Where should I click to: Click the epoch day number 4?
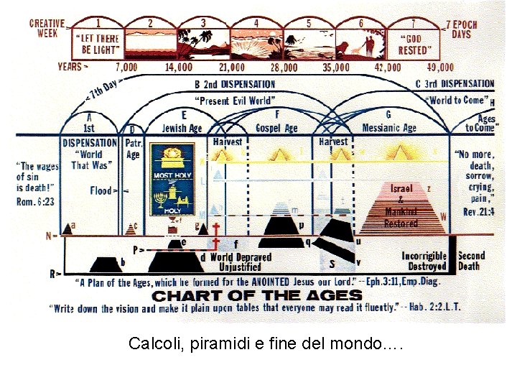(256, 23)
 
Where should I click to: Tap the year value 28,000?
(284, 68)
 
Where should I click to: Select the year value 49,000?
(439, 68)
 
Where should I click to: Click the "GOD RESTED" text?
(415, 45)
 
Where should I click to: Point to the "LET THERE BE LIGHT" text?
(98, 45)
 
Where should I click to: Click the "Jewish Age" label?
(183, 128)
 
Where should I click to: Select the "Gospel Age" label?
(276, 128)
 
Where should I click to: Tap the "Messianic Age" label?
(388, 128)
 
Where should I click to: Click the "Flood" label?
(101, 190)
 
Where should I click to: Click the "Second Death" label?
(471, 261)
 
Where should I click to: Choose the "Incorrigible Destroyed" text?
(424, 261)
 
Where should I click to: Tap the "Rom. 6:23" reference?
(35, 202)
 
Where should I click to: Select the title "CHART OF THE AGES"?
(257, 295)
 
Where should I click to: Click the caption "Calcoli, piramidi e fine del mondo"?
(266, 343)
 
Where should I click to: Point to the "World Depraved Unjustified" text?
(241, 262)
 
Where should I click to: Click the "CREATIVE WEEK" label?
(47, 29)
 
